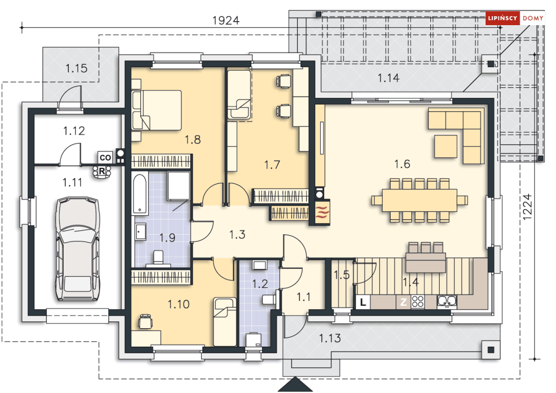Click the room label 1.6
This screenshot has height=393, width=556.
coord(402,164)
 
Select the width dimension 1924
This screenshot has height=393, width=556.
coord(226,20)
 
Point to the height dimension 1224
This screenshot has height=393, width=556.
coord(528,206)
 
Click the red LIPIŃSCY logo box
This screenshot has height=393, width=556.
coord(502,18)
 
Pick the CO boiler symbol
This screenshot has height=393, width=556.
coord(105,157)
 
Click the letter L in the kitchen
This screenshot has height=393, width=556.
coord(363,302)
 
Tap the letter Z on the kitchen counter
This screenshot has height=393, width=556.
coord(403,302)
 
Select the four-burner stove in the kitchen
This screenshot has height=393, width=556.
coord(417,301)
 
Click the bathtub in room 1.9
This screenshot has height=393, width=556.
coord(140,193)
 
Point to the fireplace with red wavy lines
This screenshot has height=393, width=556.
coord(322,212)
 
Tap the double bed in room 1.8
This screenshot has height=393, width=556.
coord(156,110)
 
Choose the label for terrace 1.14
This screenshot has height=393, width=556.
coord(388,78)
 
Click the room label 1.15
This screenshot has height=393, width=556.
coord(76,68)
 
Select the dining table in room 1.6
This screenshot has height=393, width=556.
coord(419,200)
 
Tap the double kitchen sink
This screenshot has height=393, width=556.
coord(447,301)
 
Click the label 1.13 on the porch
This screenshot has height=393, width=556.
coord(330,338)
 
